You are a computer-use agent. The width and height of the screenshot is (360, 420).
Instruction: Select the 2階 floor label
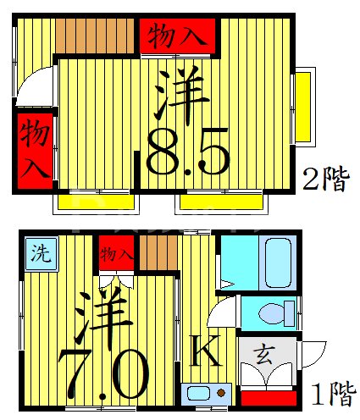tap(326, 180)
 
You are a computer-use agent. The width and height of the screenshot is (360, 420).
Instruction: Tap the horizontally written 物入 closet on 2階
tap(177, 36)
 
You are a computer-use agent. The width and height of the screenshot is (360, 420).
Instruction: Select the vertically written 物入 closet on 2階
tap(33, 146)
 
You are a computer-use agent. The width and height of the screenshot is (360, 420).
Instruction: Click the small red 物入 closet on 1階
tap(116, 252)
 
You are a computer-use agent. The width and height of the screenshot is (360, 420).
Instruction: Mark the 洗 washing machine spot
tap(39, 251)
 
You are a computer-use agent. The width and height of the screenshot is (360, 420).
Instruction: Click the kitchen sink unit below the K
tap(206, 394)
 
